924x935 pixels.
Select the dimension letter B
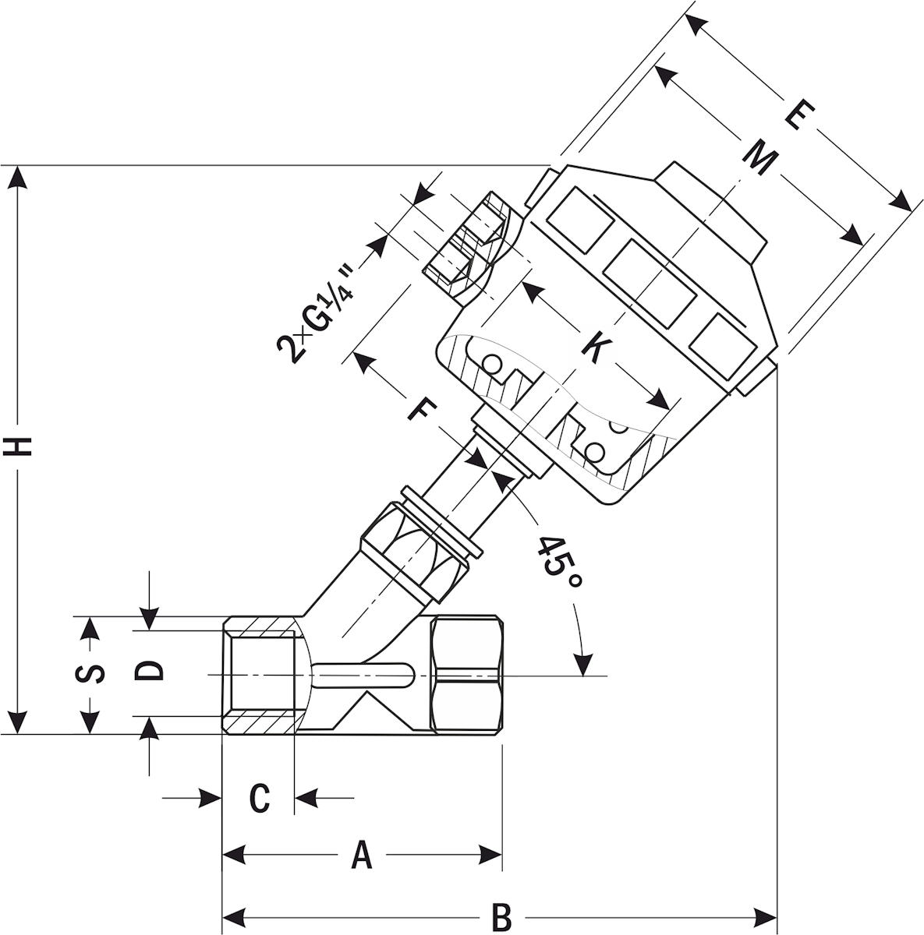[502, 916]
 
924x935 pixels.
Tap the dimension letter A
[361, 855]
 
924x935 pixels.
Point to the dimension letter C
[259, 798]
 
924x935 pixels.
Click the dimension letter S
[93, 673]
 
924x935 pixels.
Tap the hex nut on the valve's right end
[466, 675]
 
